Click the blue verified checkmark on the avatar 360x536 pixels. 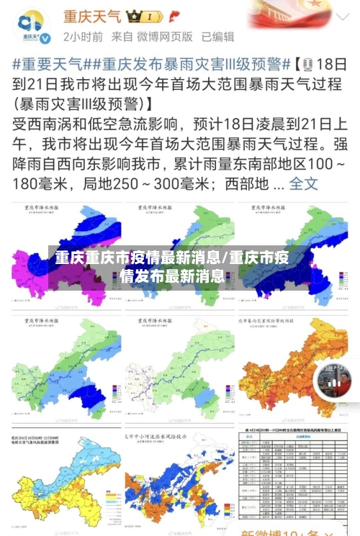pyautogui.click(x=45, y=37)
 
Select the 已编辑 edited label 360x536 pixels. pyautogui.click(x=217, y=36)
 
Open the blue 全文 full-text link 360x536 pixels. pyautogui.click(x=303, y=183)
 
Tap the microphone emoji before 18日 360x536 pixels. pyautogui.click(x=307, y=64)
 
